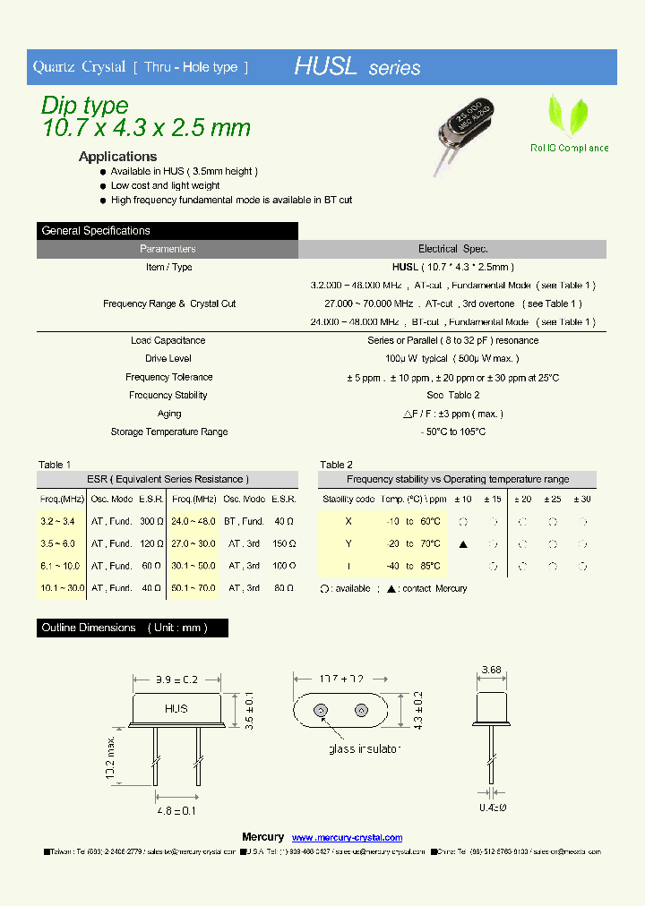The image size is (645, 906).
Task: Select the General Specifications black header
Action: pyautogui.click(x=168, y=231)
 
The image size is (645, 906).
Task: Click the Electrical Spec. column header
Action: pyautogui.click(x=452, y=249)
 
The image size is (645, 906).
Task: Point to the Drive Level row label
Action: pyautogui.click(x=168, y=358)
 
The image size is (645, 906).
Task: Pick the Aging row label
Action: pyautogui.click(x=168, y=414)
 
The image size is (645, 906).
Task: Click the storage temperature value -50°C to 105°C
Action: pyautogui.click(x=452, y=432)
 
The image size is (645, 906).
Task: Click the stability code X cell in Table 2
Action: pyautogui.click(x=348, y=522)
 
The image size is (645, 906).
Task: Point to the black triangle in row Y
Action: pyautogui.click(x=463, y=544)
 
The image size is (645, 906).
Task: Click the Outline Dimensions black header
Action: pyautogui.click(x=133, y=628)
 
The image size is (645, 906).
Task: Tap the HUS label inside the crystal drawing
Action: pyautogui.click(x=176, y=708)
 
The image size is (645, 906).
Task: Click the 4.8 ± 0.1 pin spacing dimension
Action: pyautogui.click(x=176, y=811)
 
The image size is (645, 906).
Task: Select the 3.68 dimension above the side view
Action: pyautogui.click(x=491, y=671)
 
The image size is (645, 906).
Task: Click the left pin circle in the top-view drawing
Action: pyautogui.click(x=320, y=712)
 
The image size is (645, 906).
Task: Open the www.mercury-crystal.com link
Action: pyautogui.click(x=348, y=837)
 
